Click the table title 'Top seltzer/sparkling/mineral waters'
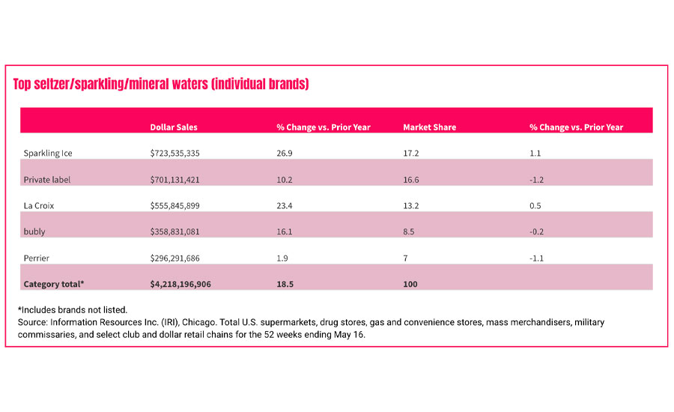click(161, 84)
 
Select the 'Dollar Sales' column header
click(174, 127)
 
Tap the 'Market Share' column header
click(430, 127)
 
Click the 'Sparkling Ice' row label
click(48, 154)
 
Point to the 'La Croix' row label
click(40, 206)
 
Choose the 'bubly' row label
click(34, 232)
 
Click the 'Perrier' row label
click(37, 258)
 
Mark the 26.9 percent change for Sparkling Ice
click(284, 154)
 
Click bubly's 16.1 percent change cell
click(283, 232)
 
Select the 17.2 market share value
click(410, 154)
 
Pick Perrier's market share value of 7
click(406, 258)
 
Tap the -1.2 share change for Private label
click(537, 180)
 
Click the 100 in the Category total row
click(410, 285)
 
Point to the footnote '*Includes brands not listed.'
click(73, 309)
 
